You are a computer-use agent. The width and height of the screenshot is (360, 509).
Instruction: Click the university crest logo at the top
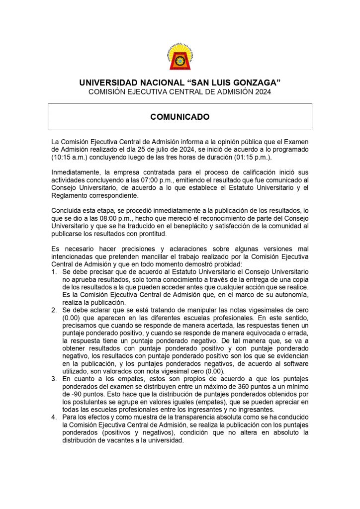pos(180,58)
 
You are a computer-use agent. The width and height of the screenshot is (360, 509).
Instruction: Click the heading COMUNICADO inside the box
pos(180,117)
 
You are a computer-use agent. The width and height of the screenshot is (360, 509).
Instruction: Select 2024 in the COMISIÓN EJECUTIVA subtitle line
pos(262,92)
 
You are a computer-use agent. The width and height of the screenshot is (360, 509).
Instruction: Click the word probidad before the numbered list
pos(224,264)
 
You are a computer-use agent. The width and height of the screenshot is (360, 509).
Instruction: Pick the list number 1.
pos(54,272)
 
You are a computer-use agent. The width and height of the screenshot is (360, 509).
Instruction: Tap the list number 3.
pos(54,380)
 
